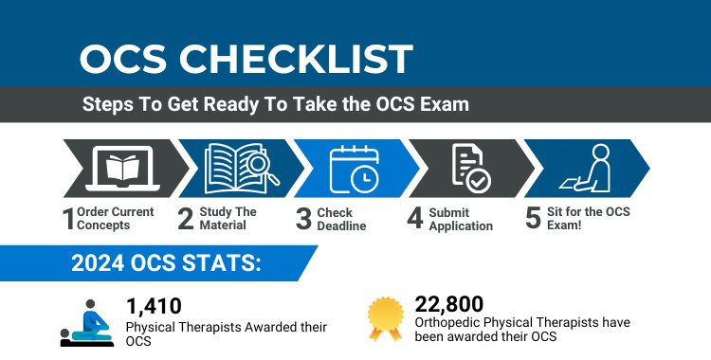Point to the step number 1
tap(68, 220)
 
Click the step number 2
tap(186, 220)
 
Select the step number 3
tap(303, 220)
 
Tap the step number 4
tap(414, 220)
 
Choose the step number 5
tap(533, 220)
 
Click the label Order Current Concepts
tap(115, 219)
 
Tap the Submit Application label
tap(461, 220)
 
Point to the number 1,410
tap(154, 306)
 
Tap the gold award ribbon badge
tap(385, 319)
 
